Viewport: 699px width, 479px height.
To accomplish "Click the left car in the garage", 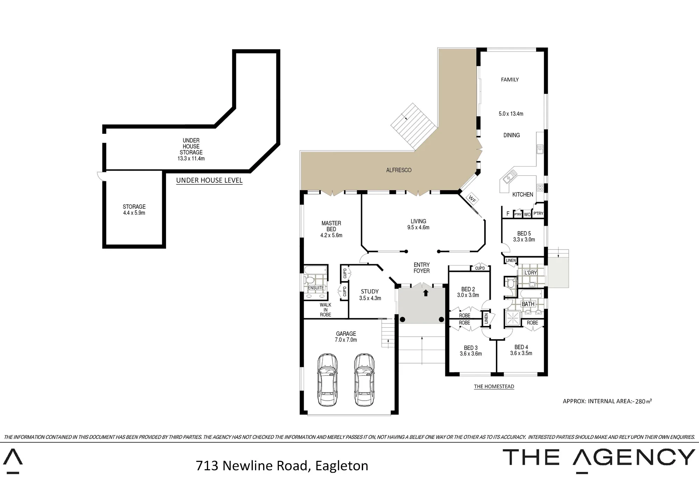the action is (x=327, y=380).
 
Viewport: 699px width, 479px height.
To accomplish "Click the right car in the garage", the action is (x=364, y=380).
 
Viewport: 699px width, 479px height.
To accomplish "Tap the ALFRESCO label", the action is (x=399, y=170).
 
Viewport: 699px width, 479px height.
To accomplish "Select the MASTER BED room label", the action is (x=331, y=226).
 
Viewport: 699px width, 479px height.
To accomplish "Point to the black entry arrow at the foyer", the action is (x=426, y=293).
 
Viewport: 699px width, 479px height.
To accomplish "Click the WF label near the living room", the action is (x=472, y=199).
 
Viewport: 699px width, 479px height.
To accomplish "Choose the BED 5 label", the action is (x=524, y=233).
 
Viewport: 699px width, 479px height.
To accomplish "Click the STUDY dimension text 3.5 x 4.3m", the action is (x=370, y=298).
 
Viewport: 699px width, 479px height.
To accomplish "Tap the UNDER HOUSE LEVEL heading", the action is (x=209, y=180).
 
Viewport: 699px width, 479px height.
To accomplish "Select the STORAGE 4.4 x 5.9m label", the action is (x=134, y=210).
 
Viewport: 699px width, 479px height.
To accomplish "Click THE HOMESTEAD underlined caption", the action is (x=494, y=386).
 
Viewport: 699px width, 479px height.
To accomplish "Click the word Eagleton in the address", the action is (x=341, y=466).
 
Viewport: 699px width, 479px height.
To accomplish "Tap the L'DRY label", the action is (x=531, y=273).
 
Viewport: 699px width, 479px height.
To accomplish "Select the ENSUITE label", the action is (x=316, y=288).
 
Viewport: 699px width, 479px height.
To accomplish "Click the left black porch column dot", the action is (x=403, y=319).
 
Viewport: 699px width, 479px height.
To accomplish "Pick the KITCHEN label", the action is (x=523, y=195).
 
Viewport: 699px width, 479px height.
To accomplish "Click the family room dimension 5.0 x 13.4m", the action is (x=511, y=114).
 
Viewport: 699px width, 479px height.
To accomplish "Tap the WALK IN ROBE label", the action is (x=325, y=310).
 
